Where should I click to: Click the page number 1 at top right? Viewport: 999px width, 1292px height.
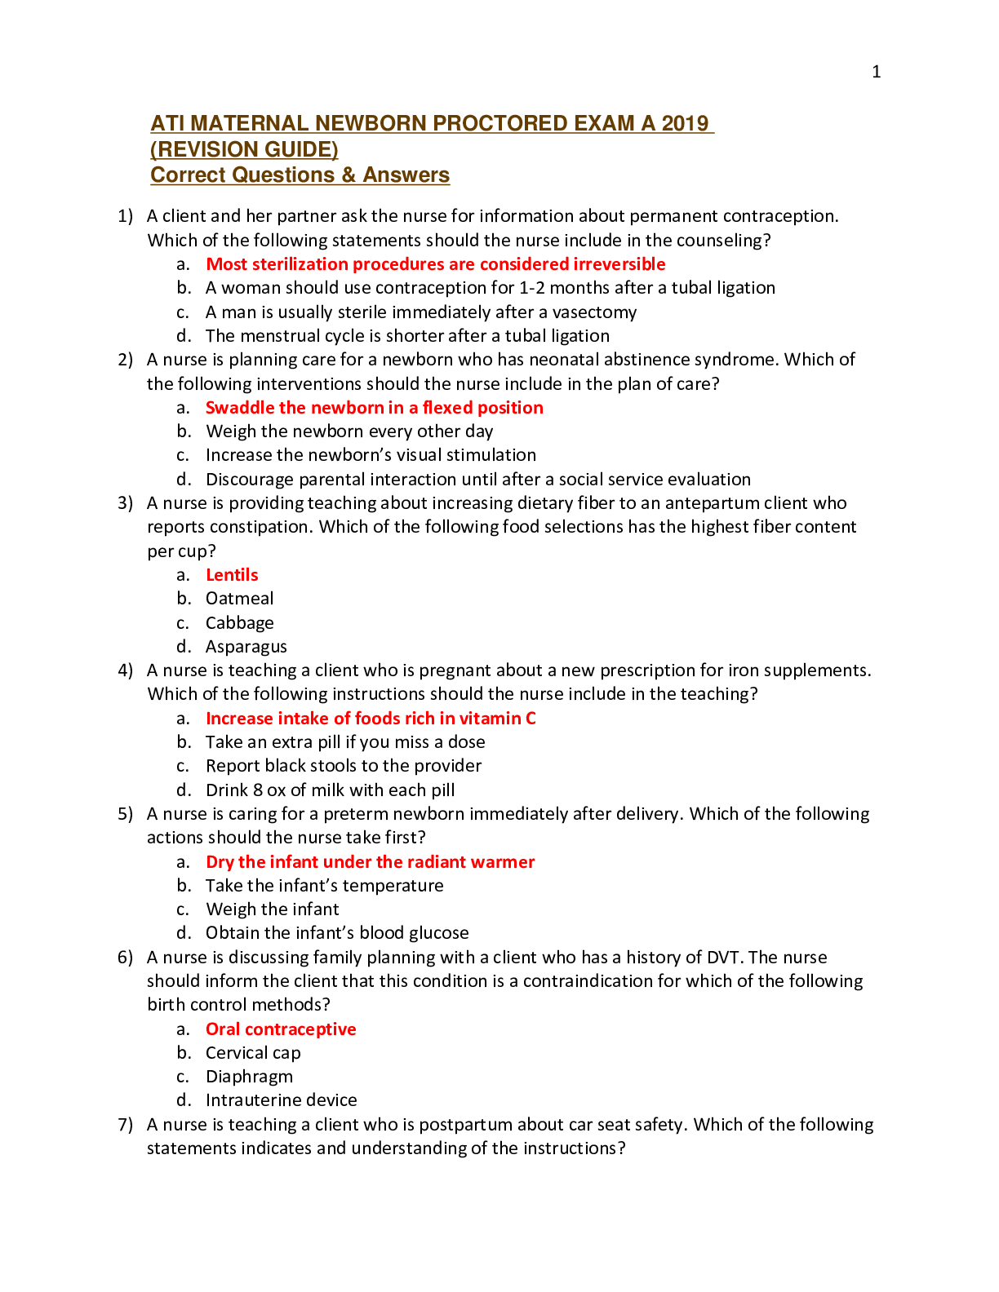coord(876,72)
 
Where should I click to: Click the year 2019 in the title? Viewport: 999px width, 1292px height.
coord(685,123)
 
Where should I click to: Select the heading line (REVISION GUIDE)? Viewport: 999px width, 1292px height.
coord(244,149)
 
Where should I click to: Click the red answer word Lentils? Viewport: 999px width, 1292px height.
coord(232,575)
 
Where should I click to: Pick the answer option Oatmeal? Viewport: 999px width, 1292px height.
coord(239,599)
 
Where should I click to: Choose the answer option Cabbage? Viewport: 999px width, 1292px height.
coord(239,623)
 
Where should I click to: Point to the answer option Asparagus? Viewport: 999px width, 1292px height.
coord(246,647)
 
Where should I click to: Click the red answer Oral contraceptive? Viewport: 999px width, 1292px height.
coord(281,1029)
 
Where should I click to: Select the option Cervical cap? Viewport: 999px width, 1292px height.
coord(253,1053)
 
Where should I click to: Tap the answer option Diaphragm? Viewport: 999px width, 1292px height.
coord(249,1077)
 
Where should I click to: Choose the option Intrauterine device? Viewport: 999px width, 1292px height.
coord(281,1100)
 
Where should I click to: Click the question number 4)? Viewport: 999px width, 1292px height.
coord(125,670)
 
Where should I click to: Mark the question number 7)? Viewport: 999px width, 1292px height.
coord(125,1125)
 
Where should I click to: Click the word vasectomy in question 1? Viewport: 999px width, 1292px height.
coord(594,312)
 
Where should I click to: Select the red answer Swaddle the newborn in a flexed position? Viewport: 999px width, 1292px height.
coord(374,408)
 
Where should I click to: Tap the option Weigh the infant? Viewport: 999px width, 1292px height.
coord(272,909)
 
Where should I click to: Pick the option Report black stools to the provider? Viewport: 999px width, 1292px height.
coord(343,766)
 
